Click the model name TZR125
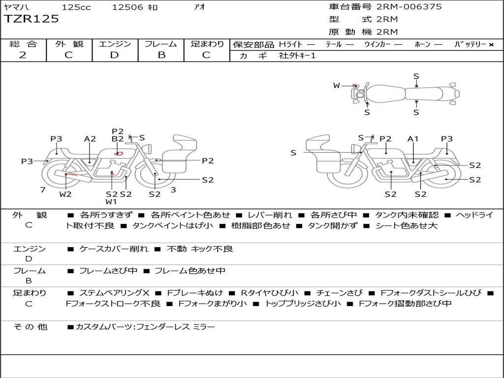[x=31, y=19]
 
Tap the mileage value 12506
[x=127, y=7]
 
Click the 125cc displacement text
[x=76, y=7]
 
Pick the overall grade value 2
[x=23, y=55]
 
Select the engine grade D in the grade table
[x=114, y=55]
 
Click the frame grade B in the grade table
[x=161, y=55]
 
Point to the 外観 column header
[x=69, y=44]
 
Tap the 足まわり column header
[x=207, y=44]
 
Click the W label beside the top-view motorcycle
[x=337, y=86]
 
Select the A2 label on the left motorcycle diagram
[x=90, y=139]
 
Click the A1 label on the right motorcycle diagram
[x=413, y=139]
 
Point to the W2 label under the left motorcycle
[x=65, y=194]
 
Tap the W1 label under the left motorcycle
[x=111, y=202]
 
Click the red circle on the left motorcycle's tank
[x=118, y=154]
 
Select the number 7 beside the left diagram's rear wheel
[x=43, y=190]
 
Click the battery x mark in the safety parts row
[x=491, y=44]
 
